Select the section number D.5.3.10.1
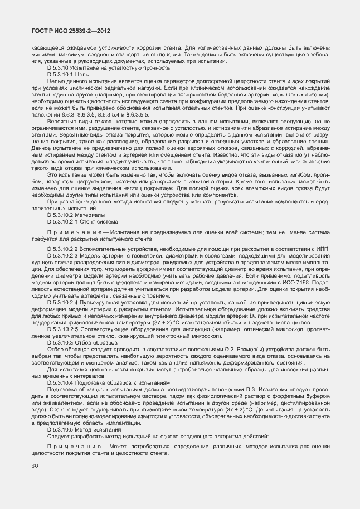pos(64,74)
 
